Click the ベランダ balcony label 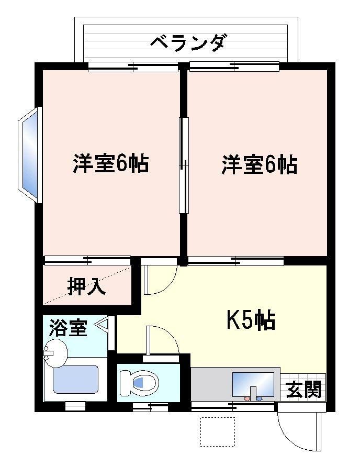(x=187, y=42)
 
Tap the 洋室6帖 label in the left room (x=111, y=164)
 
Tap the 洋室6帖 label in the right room (x=260, y=165)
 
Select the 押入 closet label (x=86, y=286)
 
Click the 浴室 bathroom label (x=69, y=328)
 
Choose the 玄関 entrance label (x=303, y=389)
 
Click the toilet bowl (x=139, y=383)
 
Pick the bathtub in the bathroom (x=75, y=380)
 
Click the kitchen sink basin (x=253, y=385)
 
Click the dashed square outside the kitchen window (x=218, y=432)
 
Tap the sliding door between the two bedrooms (x=184, y=165)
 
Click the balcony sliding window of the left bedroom (x=133, y=67)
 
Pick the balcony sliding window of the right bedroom (x=234, y=66)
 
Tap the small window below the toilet (x=150, y=407)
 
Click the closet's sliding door (x=87, y=260)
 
